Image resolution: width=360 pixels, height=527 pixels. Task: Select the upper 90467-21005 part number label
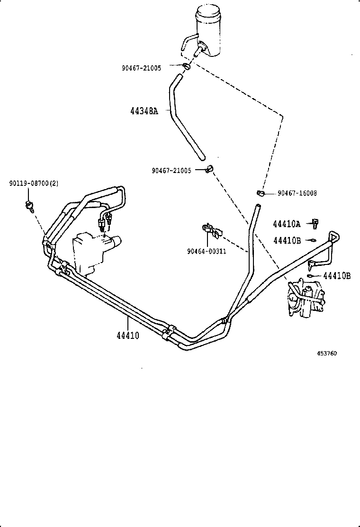click(141, 68)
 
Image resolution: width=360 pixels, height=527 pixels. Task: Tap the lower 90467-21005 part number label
click(171, 171)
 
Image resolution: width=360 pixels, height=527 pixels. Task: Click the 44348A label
click(144, 111)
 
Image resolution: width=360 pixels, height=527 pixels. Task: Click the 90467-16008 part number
click(297, 193)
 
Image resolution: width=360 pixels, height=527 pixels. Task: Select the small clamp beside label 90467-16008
click(260, 193)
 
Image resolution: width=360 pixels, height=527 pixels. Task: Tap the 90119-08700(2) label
click(34, 183)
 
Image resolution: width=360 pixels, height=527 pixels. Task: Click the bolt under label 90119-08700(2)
click(30, 205)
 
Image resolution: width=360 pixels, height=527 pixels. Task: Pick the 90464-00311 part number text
click(207, 251)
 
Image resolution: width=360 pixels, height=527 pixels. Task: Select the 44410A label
click(287, 223)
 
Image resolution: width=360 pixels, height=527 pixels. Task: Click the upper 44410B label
click(287, 240)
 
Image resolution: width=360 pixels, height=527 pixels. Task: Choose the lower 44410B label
click(337, 276)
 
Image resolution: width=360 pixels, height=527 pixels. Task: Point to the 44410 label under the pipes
click(127, 336)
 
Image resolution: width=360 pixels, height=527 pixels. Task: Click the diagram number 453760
click(327, 354)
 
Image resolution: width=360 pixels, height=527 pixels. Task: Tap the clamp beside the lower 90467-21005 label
click(209, 168)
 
